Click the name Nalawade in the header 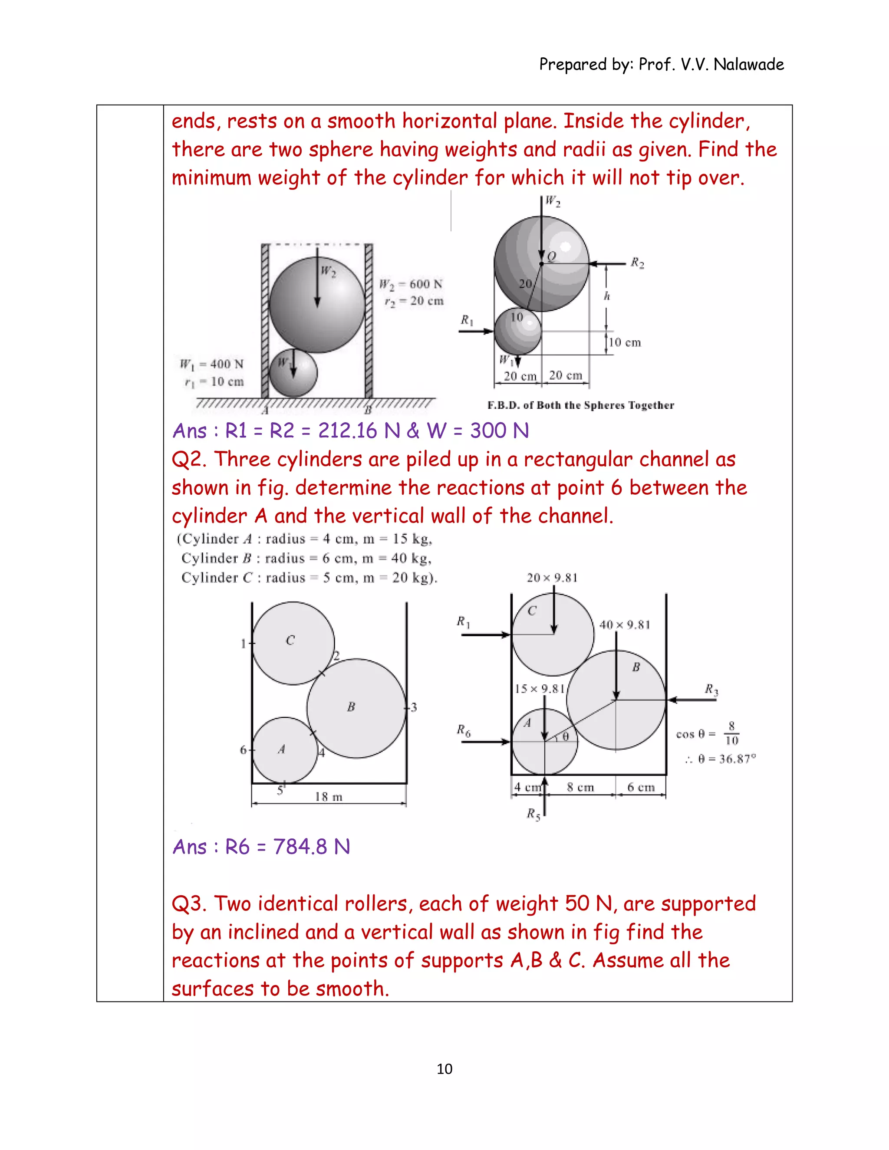click(x=748, y=64)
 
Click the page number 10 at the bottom click(x=444, y=1068)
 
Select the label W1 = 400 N click(x=212, y=364)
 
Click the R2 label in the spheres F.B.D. click(x=637, y=262)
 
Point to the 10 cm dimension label click(x=625, y=342)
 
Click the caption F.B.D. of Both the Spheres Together click(x=580, y=405)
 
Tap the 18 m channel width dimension click(x=329, y=797)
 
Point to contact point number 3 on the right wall click(x=414, y=707)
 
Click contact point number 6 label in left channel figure click(x=244, y=749)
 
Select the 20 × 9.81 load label click(x=552, y=578)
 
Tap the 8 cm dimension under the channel click(x=580, y=787)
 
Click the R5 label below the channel click(x=533, y=814)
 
